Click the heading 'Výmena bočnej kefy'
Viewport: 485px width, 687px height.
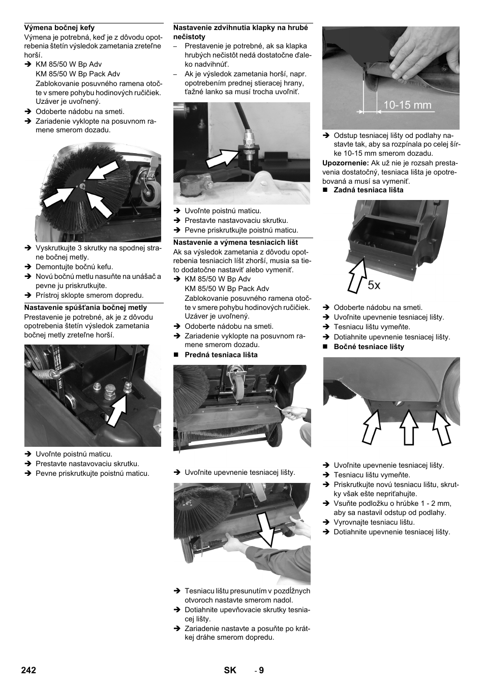pos(59,27)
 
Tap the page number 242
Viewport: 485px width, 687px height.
pos(28,670)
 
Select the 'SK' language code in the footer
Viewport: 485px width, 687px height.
pos(230,670)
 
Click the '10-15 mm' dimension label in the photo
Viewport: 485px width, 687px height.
pos(407,105)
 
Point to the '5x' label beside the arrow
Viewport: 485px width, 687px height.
pos(374,285)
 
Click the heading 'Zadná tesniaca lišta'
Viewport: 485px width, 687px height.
pos(369,190)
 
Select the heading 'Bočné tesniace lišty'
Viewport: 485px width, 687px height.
pos(369,347)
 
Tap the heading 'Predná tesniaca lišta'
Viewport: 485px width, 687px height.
pos(221,355)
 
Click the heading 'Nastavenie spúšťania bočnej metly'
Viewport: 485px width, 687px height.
pos(85,307)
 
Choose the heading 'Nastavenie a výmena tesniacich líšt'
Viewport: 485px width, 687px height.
pos(235,242)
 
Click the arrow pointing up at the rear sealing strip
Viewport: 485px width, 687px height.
pos(357,275)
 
